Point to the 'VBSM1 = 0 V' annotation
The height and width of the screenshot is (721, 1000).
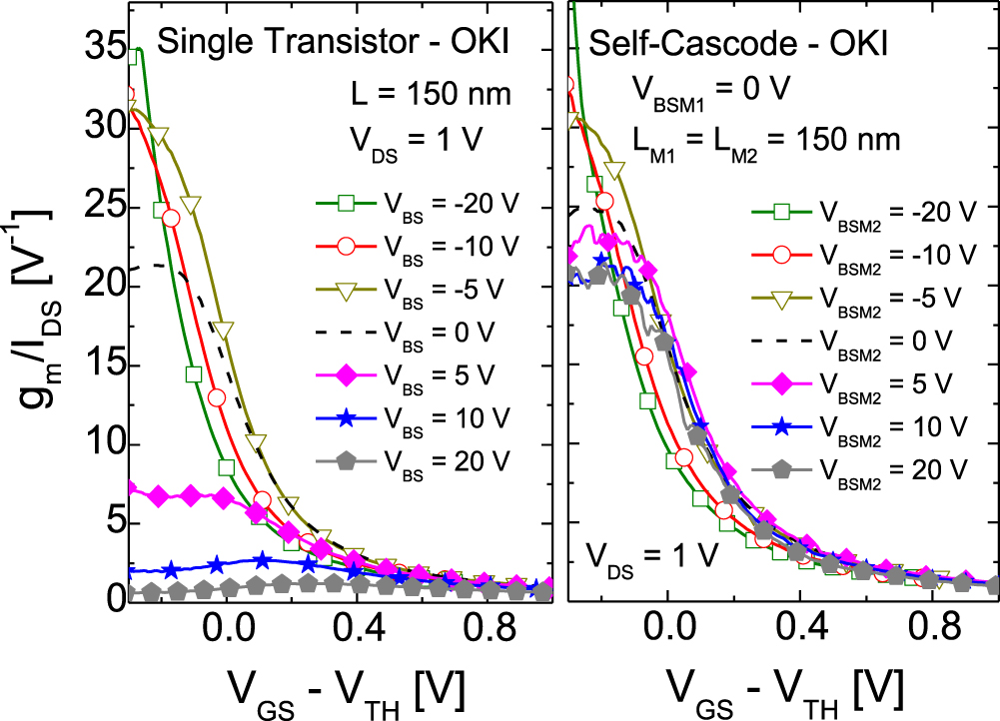pos(711,90)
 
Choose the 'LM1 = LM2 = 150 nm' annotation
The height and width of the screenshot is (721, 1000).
pos(765,139)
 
